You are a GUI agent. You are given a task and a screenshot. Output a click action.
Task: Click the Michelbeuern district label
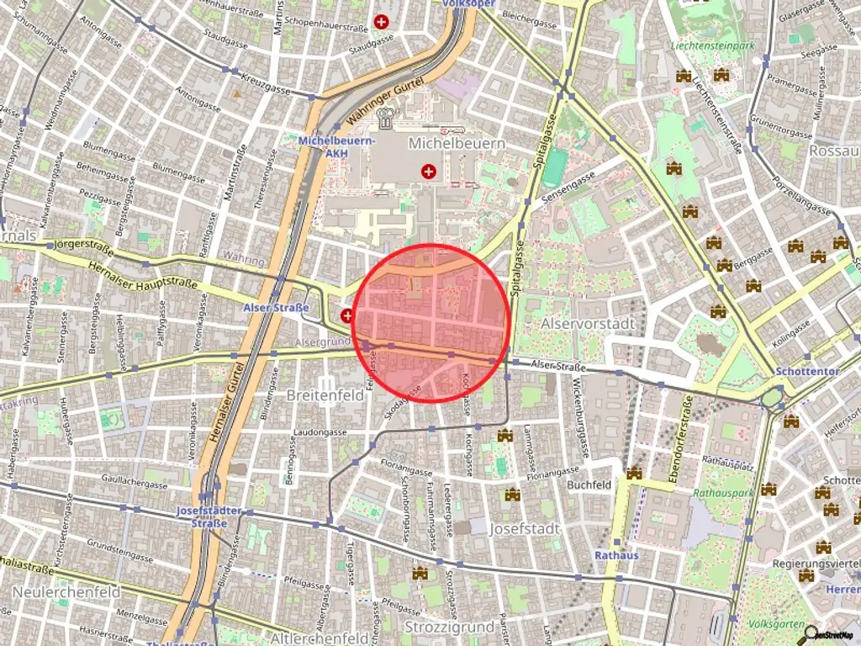tap(457, 144)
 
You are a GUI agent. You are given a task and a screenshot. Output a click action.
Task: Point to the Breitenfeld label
tap(325, 394)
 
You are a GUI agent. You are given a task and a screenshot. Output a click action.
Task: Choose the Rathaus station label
tap(616, 555)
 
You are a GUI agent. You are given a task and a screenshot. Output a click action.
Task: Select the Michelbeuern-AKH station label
tap(336, 146)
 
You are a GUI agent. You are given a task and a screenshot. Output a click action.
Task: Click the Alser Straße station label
tap(275, 307)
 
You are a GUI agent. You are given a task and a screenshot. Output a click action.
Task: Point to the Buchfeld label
tap(589, 485)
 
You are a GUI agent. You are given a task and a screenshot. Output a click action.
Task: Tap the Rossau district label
tap(833, 151)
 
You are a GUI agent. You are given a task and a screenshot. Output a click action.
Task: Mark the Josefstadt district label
tap(525, 529)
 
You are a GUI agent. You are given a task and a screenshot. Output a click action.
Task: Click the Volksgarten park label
tap(773, 625)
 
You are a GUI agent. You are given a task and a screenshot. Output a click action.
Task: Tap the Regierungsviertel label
tap(816, 563)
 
